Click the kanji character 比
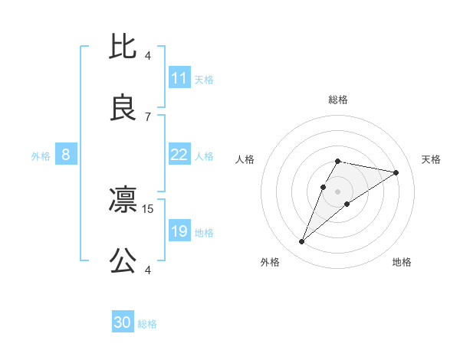coord(123,47)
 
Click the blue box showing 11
coord(179,78)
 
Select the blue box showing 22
coord(179,155)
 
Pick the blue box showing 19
coord(179,231)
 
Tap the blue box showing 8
coord(66,155)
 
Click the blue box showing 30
coord(123,322)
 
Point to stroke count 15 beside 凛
coord(149,208)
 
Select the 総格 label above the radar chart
coord(337,100)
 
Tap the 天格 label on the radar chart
coord(431,159)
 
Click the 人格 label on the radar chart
coord(245,159)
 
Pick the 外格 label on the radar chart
coord(269,262)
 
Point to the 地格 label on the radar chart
coord(402,262)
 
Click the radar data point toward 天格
coord(396,172)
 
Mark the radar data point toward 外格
coord(301,242)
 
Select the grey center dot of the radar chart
coord(337,190)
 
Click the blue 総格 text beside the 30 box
coord(147,324)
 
